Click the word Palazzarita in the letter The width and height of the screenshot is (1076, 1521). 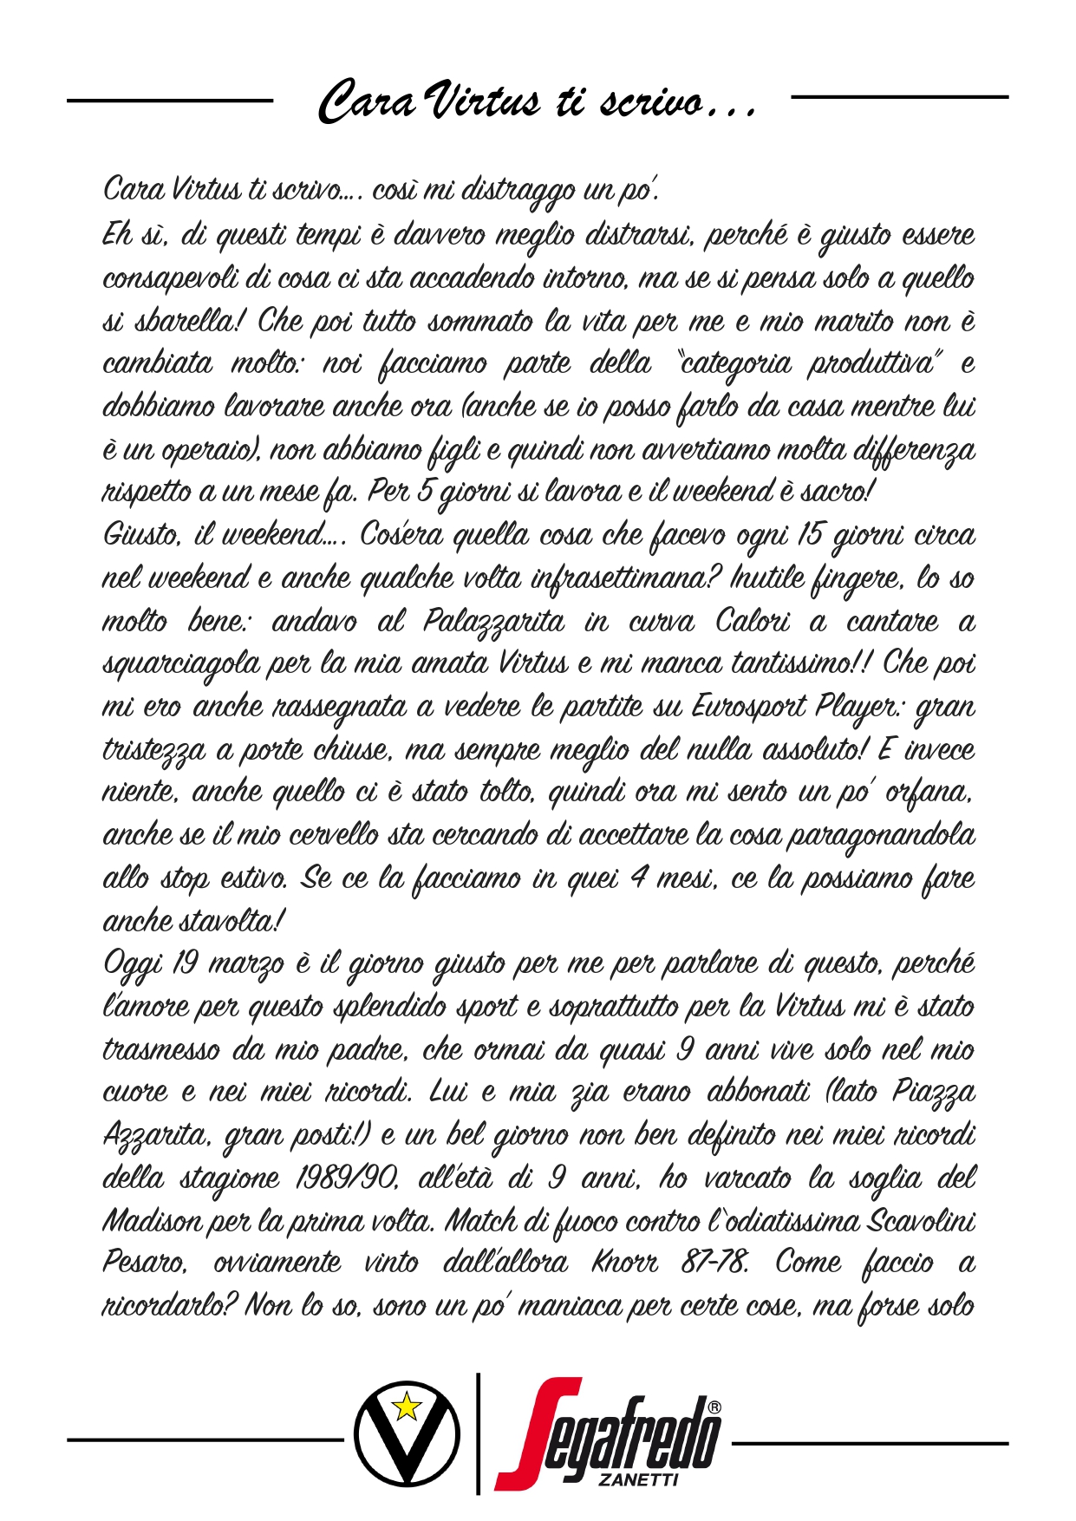click(x=493, y=622)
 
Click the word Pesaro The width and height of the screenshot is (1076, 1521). click(x=143, y=1263)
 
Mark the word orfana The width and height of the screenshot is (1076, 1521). click(x=929, y=793)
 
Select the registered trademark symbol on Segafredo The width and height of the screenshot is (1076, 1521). click(x=714, y=1407)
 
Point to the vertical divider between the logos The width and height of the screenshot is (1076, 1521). click(x=478, y=1433)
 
